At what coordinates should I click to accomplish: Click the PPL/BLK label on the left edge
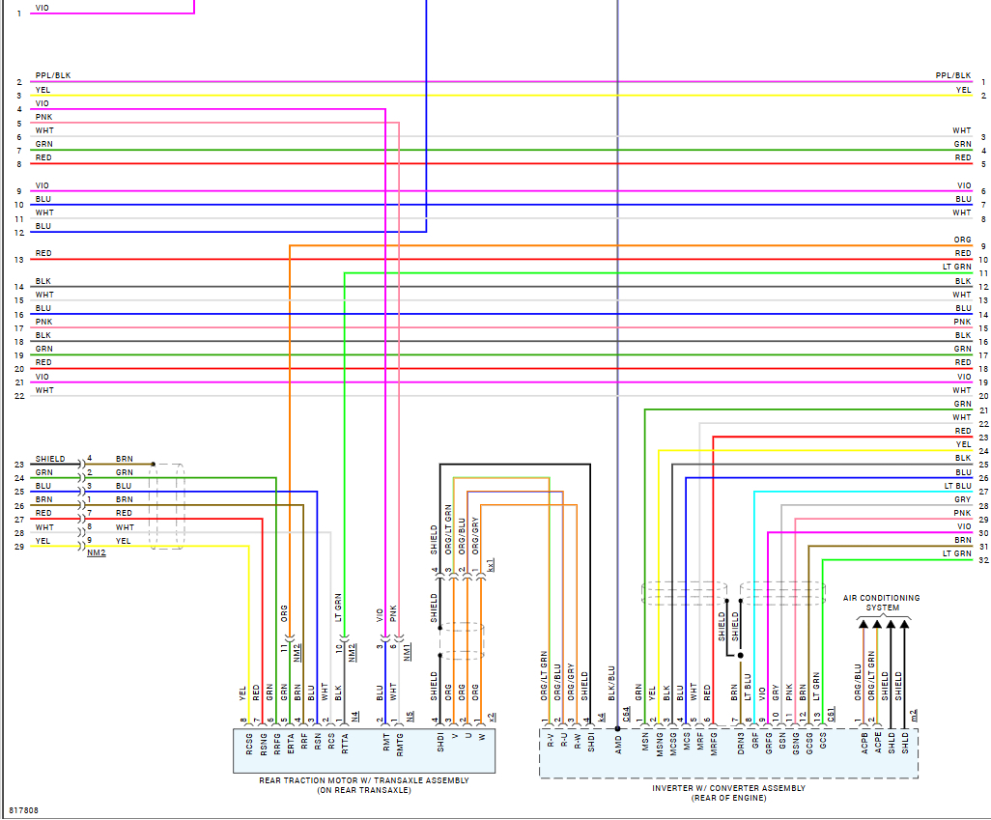(52, 75)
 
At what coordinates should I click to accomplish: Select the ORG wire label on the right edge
(962, 240)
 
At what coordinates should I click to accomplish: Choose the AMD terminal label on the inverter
(618, 743)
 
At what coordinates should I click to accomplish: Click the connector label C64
(627, 715)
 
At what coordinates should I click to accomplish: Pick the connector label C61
(832, 715)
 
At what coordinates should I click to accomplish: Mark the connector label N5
(410, 717)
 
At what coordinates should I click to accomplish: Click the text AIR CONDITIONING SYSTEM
(881, 603)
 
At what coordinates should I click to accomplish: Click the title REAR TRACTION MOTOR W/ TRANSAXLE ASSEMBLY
(364, 780)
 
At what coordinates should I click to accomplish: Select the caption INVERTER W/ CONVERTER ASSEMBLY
(728, 788)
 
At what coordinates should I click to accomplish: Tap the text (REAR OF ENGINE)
(728, 798)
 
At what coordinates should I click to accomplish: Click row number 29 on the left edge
(18, 547)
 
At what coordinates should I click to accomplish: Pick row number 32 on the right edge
(983, 560)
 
